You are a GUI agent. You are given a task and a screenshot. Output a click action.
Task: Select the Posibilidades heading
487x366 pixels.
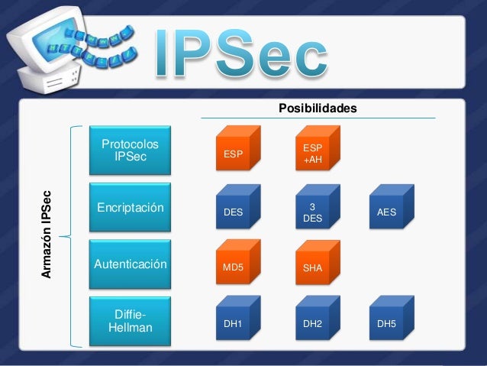(x=318, y=109)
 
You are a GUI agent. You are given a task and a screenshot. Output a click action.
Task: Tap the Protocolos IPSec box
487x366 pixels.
(x=131, y=151)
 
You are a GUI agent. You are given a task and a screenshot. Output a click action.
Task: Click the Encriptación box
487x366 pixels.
(x=131, y=207)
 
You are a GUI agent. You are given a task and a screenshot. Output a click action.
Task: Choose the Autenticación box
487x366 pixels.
(x=131, y=264)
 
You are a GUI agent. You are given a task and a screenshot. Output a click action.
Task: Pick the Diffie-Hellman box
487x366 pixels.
(x=131, y=322)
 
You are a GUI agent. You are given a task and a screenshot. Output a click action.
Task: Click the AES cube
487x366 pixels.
(x=390, y=211)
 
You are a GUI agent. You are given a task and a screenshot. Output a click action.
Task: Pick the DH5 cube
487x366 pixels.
(x=390, y=323)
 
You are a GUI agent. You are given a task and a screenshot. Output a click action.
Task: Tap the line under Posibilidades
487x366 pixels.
(x=318, y=118)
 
